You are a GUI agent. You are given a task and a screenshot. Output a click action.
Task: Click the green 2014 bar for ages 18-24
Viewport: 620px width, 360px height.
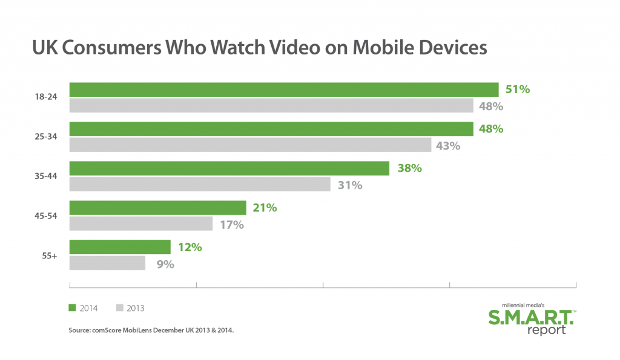pos(284,90)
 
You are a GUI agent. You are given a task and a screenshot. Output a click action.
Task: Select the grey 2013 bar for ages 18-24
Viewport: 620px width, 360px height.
pos(271,106)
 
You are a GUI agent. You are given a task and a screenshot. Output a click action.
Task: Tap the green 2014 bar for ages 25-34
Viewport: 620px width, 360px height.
pos(271,129)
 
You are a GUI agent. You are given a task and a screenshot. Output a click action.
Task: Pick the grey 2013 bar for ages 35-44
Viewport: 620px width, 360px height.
pos(200,185)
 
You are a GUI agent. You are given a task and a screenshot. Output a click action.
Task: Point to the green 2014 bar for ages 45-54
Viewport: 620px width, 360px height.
pos(158,208)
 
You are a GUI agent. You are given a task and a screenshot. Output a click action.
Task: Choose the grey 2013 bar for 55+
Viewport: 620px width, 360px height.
pos(108,263)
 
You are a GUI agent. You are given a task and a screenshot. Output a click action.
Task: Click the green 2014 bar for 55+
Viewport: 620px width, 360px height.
pos(120,247)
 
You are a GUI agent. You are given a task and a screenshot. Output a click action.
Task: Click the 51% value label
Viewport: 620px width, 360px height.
pos(518,90)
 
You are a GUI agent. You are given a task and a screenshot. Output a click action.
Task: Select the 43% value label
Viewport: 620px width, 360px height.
pos(449,146)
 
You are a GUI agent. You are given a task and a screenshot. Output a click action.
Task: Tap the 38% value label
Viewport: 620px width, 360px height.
pos(409,168)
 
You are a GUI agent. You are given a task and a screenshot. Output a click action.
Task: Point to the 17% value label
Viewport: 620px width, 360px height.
pos(231,225)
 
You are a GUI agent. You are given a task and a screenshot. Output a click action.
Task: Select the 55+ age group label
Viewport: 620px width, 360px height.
pos(49,256)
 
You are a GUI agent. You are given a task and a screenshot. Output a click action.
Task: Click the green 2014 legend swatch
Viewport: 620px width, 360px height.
pos(73,308)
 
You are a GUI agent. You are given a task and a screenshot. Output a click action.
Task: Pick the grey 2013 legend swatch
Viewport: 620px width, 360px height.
pos(119,308)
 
